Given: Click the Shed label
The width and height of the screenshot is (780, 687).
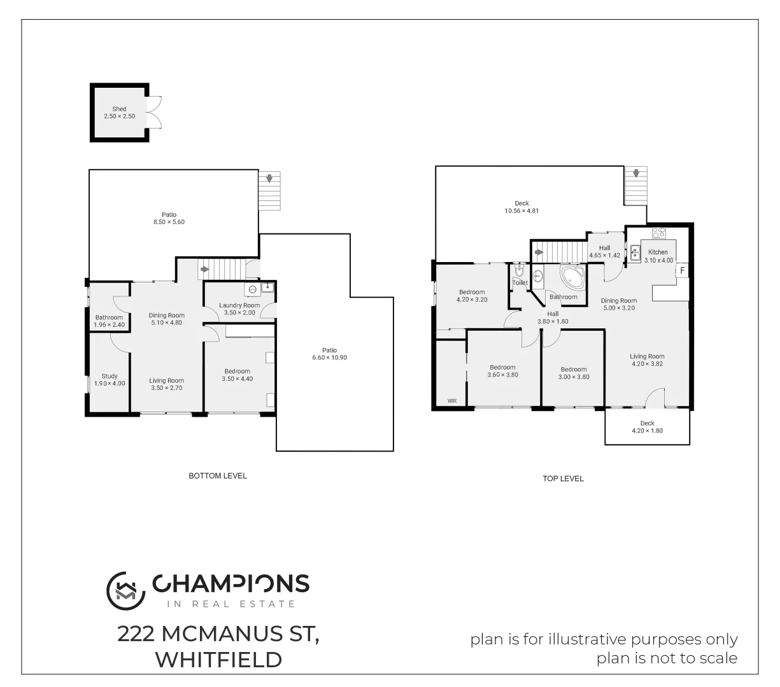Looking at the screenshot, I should point(119,109).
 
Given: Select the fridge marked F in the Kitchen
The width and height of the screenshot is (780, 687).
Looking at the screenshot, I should point(682,271).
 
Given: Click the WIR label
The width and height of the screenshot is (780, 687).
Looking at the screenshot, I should point(452,401).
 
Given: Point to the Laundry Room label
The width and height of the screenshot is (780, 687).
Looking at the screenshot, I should point(239,305).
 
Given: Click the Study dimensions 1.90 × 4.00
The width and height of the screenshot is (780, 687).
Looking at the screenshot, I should point(110,384).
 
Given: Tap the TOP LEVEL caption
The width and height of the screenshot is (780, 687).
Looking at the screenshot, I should point(563,478).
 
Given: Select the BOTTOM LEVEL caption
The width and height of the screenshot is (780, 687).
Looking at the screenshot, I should point(218,476).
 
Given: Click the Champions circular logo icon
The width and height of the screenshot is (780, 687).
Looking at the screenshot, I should point(125,588).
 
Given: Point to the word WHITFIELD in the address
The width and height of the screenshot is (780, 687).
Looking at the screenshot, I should point(218,660).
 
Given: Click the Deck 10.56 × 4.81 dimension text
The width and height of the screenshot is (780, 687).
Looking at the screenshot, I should point(521,211).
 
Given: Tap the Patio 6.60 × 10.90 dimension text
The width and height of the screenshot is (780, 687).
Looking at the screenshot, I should point(329,357).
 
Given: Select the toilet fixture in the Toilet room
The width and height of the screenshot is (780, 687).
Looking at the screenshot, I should point(519,272).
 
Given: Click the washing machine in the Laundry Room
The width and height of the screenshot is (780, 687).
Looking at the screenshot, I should point(253,289).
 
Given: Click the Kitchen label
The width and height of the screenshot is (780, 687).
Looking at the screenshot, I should point(658,252).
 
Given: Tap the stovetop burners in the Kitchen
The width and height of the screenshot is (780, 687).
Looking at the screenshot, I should point(658,232).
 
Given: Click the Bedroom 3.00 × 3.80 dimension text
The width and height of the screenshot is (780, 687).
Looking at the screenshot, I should point(574,377).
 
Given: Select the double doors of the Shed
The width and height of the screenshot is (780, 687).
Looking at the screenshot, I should point(155,112).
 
